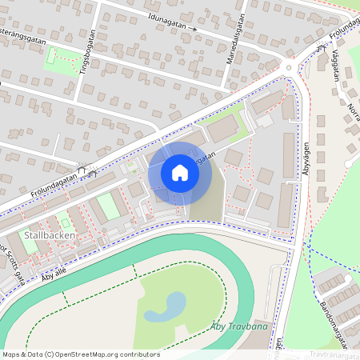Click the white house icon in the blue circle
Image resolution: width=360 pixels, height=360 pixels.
179,173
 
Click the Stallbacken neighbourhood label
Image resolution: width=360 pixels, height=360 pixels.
50,235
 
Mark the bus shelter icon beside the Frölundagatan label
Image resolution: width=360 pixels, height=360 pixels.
91,170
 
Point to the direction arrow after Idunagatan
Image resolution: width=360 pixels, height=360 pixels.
193,30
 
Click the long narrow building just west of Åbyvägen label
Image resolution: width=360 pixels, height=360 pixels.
289,155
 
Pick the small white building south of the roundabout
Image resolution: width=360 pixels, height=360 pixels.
264,119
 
